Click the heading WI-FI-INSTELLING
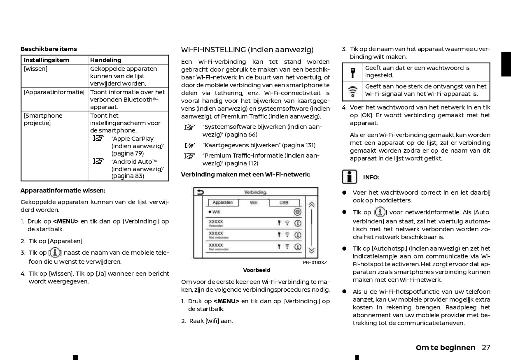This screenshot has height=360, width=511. pos(247,50)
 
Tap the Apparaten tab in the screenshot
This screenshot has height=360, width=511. pos(222,202)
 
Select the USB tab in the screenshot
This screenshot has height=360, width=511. pos(284,202)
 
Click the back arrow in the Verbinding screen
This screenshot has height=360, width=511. pos(201,192)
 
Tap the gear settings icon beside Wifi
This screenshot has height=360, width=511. pos(297,212)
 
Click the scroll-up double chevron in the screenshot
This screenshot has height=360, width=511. pos(312,204)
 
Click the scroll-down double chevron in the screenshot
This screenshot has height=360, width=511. pos(312,250)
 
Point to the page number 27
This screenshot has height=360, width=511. pos(486,348)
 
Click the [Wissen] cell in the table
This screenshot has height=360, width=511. pos(36,69)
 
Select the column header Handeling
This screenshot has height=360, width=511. pos(106,60)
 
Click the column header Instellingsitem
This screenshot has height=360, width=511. pos(46,60)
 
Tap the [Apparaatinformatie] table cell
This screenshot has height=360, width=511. pos(54,92)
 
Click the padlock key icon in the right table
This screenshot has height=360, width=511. pos(353,72)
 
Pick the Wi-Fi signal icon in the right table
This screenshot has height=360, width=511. pos(353,91)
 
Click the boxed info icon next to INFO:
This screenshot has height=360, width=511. pos(349,177)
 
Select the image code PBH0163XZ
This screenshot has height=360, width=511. pos(315,262)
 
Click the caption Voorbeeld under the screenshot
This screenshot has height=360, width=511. pos(257,270)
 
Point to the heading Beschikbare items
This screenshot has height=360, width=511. pos(49,49)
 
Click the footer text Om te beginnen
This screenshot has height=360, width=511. pos(446,348)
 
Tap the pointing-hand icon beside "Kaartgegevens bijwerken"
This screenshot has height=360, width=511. pos(189,145)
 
